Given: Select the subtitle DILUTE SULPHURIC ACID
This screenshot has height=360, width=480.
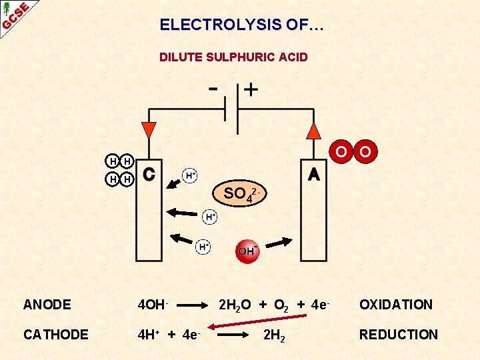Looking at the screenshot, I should tap(233, 57).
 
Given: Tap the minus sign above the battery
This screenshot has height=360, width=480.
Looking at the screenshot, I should tap(213, 88).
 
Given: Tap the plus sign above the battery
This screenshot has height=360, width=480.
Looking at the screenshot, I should tap(251, 89).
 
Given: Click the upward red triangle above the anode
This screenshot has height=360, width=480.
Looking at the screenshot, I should tap(313, 130).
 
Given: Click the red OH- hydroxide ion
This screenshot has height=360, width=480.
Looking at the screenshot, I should tap(247, 251).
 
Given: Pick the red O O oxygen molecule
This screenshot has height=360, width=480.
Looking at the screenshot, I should tap(353, 152).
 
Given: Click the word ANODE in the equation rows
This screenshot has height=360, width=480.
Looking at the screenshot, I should tap(47, 305).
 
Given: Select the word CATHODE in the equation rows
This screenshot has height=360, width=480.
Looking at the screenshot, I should tap(55, 335).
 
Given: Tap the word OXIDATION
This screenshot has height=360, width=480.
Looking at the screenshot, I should tap(396, 305).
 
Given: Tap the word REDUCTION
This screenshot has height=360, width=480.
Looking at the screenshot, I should tap(399, 335).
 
